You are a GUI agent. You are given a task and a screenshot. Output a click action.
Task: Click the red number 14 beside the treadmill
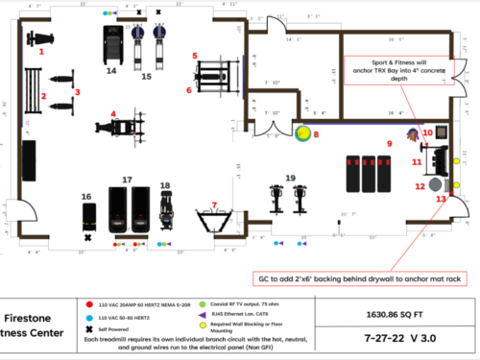112,71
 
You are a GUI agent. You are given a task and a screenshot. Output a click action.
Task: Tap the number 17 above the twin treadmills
127,180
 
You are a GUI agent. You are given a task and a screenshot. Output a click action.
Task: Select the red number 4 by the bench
113,113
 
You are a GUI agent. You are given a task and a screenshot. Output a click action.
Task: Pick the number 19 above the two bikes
290,179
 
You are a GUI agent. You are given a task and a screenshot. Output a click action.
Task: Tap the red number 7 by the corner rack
214,204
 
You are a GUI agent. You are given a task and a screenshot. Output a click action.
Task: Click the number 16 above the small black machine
87,196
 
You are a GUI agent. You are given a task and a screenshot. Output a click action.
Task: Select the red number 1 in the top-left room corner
40,54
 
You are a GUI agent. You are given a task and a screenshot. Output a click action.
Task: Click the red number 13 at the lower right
441,198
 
